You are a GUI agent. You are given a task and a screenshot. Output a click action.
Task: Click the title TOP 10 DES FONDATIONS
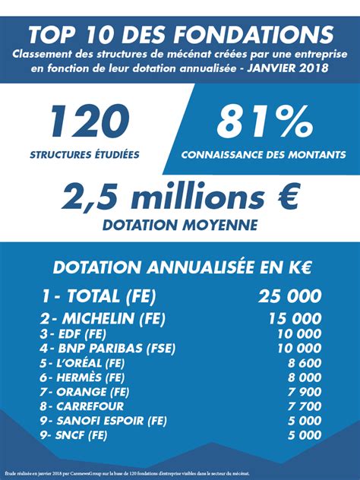tap(180, 35)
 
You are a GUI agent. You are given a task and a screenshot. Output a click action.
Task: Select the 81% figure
tap(263, 122)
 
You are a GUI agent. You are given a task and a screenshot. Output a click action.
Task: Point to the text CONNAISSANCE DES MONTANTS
tap(263, 155)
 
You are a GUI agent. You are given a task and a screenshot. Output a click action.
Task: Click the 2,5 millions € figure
tap(180, 198)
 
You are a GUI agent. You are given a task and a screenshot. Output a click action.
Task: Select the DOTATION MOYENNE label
tap(180, 225)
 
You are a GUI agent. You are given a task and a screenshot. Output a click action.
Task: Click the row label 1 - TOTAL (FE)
tap(99, 296)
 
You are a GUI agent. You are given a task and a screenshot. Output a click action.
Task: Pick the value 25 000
tap(289, 296)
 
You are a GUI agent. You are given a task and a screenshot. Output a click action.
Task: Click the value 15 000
tap(294, 318)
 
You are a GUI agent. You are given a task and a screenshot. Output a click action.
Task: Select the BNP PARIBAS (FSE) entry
tap(108, 348)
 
